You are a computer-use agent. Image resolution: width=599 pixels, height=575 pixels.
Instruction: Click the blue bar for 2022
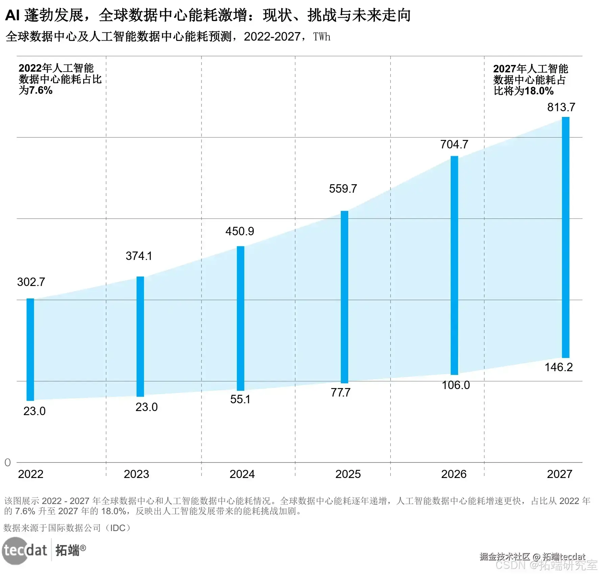pyautogui.click(x=30, y=349)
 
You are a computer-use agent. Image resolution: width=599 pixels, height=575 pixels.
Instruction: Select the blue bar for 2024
pyautogui.click(x=240, y=318)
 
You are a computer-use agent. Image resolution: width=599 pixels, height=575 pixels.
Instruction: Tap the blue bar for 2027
pyautogui.click(x=566, y=237)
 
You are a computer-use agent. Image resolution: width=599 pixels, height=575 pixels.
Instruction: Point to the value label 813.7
pyautogui.click(x=561, y=107)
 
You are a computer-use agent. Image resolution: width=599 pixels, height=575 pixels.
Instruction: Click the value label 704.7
pyautogui.click(x=454, y=144)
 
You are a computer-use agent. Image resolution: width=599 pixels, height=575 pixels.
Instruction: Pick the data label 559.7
pyautogui.click(x=343, y=189)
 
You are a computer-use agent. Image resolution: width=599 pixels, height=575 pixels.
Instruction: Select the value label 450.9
pyautogui.click(x=240, y=231)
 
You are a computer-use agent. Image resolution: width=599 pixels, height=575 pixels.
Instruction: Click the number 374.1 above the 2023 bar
pyautogui.click(x=139, y=256)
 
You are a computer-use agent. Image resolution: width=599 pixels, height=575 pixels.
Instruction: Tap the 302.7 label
pyautogui.click(x=31, y=282)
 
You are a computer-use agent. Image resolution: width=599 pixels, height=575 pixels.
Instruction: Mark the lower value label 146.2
pyautogui.click(x=558, y=367)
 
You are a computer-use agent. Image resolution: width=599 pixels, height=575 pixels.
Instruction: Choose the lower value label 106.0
pyautogui.click(x=456, y=385)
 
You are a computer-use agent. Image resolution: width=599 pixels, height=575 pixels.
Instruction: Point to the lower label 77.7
pyautogui.click(x=340, y=392)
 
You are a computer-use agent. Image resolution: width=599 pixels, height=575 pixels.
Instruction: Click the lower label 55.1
pyautogui.click(x=240, y=399)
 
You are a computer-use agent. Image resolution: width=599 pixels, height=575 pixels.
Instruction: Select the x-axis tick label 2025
pyautogui.click(x=348, y=474)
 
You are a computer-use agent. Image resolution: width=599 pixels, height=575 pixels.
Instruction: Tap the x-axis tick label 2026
pyautogui.click(x=454, y=474)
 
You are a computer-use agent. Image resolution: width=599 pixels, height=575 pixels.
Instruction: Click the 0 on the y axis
pyautogui.click(x=7, y=462)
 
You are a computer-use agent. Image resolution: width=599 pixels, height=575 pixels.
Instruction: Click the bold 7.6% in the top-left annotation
pyautogui.click(x=41, y=91)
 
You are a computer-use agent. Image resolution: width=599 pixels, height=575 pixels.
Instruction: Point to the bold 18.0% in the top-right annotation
pyautogui.click(x=539, y=91)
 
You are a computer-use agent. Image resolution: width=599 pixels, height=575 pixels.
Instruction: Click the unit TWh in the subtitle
pyautogui.click(x=321, y=37)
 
